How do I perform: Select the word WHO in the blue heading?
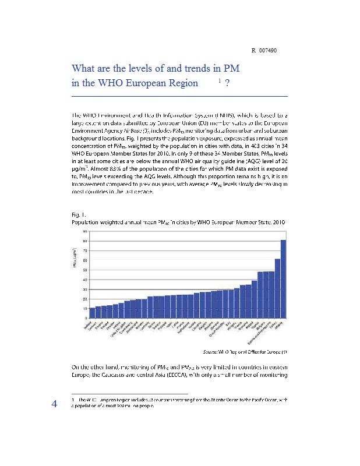(111, 83)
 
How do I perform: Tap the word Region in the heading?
(183, 83)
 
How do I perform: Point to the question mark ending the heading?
(226, 83)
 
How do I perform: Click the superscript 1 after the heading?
(219, 80)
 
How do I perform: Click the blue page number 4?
(54, 404)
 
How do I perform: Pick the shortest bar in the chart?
(92, 312)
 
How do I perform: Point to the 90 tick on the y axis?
(86, 232)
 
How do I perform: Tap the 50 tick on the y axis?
(86, 270)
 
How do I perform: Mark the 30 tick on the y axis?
(86, 289)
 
